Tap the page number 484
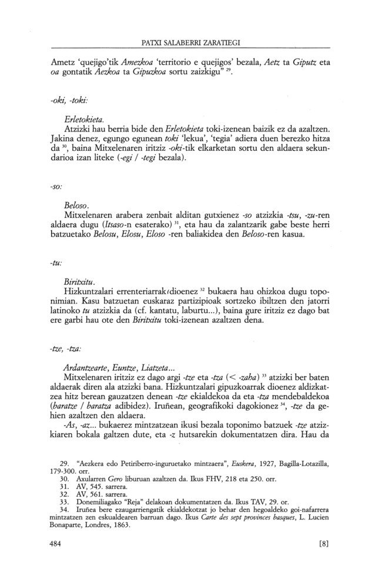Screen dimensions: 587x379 click(57, 544)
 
